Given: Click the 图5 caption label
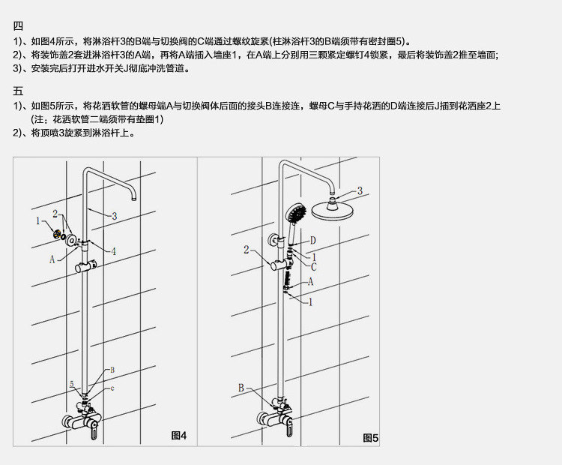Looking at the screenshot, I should click(370, 437).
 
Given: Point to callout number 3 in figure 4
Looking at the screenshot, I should click(115, 216).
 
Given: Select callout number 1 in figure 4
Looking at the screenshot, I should click(37, 220).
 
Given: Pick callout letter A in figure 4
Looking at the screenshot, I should click(52, 259).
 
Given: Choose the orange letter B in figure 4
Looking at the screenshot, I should click(112, 370).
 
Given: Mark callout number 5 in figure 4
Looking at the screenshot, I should click(72, 384).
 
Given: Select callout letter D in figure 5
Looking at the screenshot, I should click(313, 240).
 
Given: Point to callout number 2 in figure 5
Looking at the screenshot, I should click(247, 250).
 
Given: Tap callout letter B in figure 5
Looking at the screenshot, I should click(241, 387).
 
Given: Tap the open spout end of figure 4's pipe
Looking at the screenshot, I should click(134, 198).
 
